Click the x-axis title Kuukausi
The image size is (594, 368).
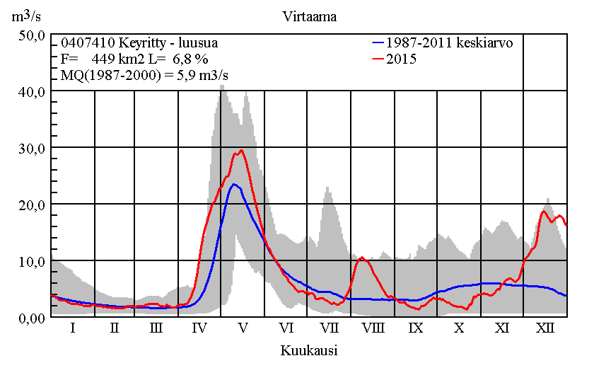coord(308,350)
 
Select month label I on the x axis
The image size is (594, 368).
coord(72,328)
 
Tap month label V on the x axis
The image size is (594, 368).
coord(243,328)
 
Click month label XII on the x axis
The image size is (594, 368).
coord(545,328)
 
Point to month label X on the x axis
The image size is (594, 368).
coord(459,328)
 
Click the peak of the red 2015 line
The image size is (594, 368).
coord(242,150)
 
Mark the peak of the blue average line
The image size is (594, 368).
coord(233,184)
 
